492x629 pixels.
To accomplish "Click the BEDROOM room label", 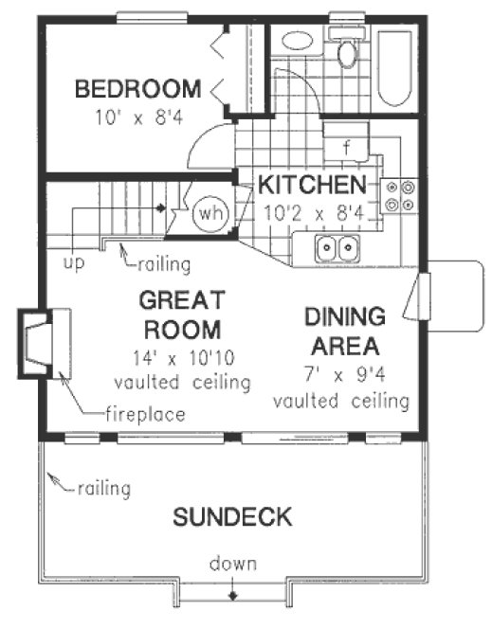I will coord(137,90).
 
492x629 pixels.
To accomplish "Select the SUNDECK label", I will coord(231,517).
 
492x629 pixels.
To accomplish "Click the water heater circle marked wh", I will coord(209,213).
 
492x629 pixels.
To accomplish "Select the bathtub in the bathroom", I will coord(392,68).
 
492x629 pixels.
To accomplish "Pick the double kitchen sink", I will coord(337,249).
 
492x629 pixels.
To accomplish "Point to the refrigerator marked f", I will coord(347,147).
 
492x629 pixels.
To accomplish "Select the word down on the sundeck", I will coord(232,565).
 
